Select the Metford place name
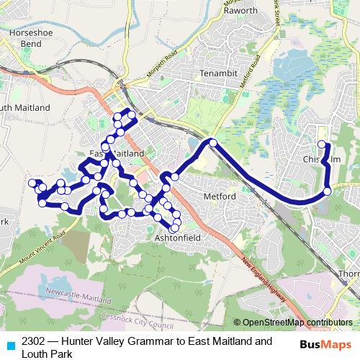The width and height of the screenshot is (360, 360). click(x=219, y=196)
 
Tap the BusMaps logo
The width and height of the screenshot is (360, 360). click(x=324, y=344)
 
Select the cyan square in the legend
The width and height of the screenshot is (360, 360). click(x=9, y=345)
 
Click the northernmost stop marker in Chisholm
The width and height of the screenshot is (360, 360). click(x=321, y=131)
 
